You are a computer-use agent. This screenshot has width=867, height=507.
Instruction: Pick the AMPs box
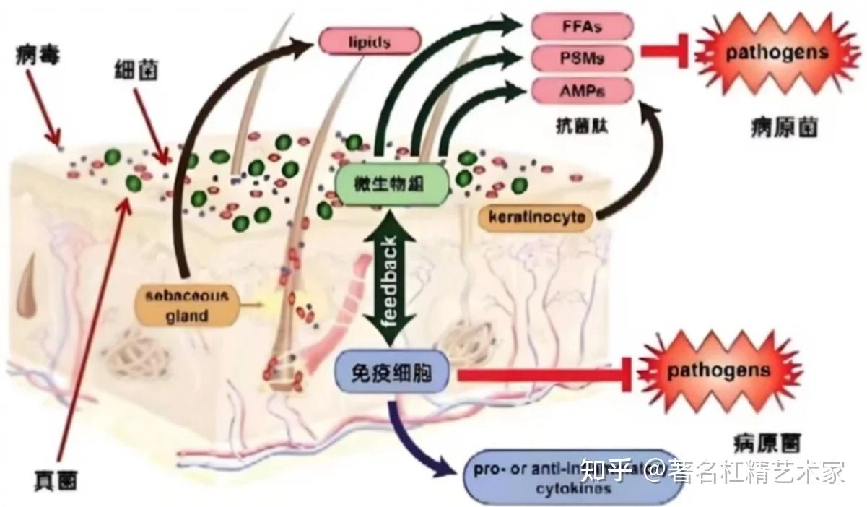(x=582, y=90)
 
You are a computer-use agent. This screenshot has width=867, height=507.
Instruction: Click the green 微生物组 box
(x=390, y=185)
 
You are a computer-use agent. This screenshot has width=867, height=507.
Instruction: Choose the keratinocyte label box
(x=536, y=217)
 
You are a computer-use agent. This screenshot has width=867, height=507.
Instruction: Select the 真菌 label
(x=56, y=479)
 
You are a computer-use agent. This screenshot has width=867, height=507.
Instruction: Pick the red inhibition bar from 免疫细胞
(x=541, y=373)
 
